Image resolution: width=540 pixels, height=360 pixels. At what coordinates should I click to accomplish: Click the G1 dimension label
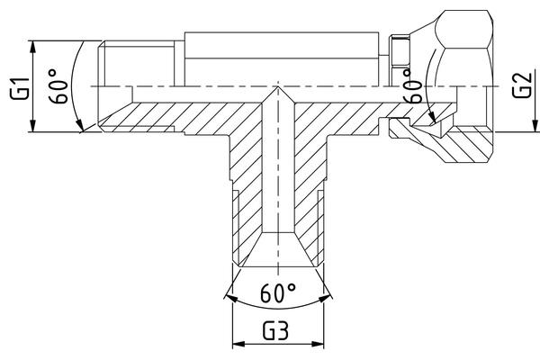pos(20,89)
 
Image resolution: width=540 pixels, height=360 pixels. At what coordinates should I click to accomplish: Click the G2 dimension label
pos(521,85)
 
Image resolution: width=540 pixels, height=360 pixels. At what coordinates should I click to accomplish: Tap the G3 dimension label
pos(275,331)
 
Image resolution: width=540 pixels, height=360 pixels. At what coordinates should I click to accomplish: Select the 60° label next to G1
pos(58,86)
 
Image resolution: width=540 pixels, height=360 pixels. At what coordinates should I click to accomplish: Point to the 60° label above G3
pos(278,293)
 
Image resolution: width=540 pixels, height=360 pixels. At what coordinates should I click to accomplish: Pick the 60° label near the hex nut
pos(412,85)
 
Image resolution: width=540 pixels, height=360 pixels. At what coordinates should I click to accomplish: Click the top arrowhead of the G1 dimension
pos(32,47)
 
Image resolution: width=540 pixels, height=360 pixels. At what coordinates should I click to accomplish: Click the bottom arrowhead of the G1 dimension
pos(32,125)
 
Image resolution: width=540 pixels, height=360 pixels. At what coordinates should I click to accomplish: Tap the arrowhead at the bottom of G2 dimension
pos(535,125)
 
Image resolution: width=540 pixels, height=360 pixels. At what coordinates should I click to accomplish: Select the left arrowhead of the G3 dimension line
pos(238,344)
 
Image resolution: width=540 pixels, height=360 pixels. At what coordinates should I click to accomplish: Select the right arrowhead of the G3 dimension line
pos(318,344)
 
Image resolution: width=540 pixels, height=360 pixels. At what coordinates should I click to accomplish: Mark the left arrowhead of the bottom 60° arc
pos(231,299)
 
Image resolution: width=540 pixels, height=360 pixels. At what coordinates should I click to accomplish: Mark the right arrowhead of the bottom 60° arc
pos(325,298)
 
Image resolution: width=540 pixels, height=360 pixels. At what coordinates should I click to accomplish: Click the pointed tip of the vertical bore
pos(278,87)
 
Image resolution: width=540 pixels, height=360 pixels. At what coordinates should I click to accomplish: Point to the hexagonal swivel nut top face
pos(464,30)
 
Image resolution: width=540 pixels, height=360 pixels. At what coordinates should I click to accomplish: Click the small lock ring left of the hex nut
pos(399,50)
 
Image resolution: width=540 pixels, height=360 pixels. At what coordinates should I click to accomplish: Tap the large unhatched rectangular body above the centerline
pos(282,58)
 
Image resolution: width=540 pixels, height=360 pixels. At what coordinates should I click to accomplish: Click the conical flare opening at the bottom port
pos(278,249)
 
